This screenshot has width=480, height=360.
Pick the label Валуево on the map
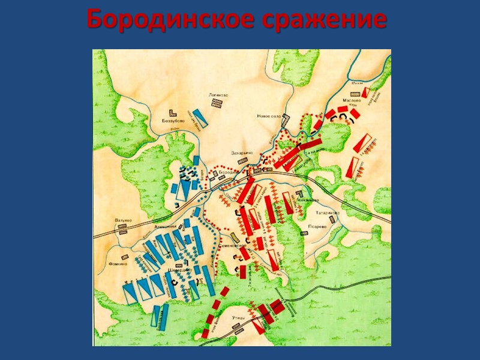coord(123,220)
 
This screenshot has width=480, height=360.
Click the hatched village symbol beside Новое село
coord(286,120)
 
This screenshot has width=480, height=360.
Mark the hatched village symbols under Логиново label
coord(216,103)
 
